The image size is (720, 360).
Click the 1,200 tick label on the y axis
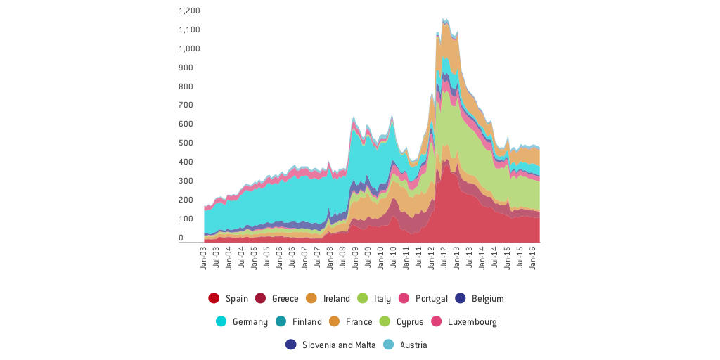(189, 11)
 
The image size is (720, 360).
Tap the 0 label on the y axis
(181, 238)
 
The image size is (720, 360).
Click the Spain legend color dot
(214, 298)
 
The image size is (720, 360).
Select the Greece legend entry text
(285, 298)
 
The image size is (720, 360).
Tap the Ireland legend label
(336, 298)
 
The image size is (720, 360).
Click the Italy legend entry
(382, 298)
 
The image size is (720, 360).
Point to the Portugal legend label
(431, 298)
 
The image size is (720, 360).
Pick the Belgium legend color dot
(460, 298)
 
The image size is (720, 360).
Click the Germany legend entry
(250, 321)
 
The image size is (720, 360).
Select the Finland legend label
(307, 321)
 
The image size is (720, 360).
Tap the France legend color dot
(334, 321)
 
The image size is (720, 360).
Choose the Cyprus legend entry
(409, 321)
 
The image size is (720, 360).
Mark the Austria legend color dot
(389, 345)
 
